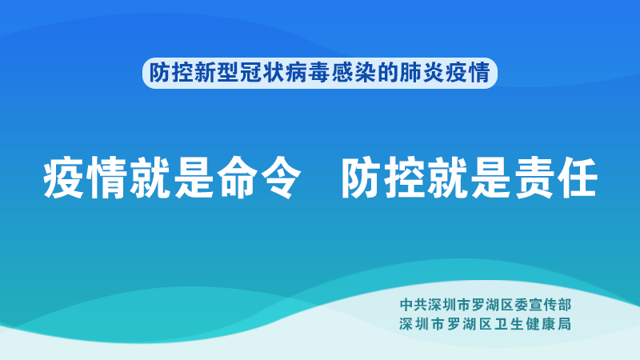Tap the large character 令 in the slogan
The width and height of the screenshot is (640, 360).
[x=281, y=178]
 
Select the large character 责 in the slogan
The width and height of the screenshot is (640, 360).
[x=534, y=178]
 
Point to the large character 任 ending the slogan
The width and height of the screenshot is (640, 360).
[x=578, y=178]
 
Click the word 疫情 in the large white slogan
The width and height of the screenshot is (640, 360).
[x=85, y=178]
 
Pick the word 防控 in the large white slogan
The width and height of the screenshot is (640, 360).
[x=383, y=178]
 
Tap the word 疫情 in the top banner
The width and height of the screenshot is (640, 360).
[x=466, y=73]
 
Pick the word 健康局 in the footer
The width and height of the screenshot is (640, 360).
[x=549, y=324]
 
